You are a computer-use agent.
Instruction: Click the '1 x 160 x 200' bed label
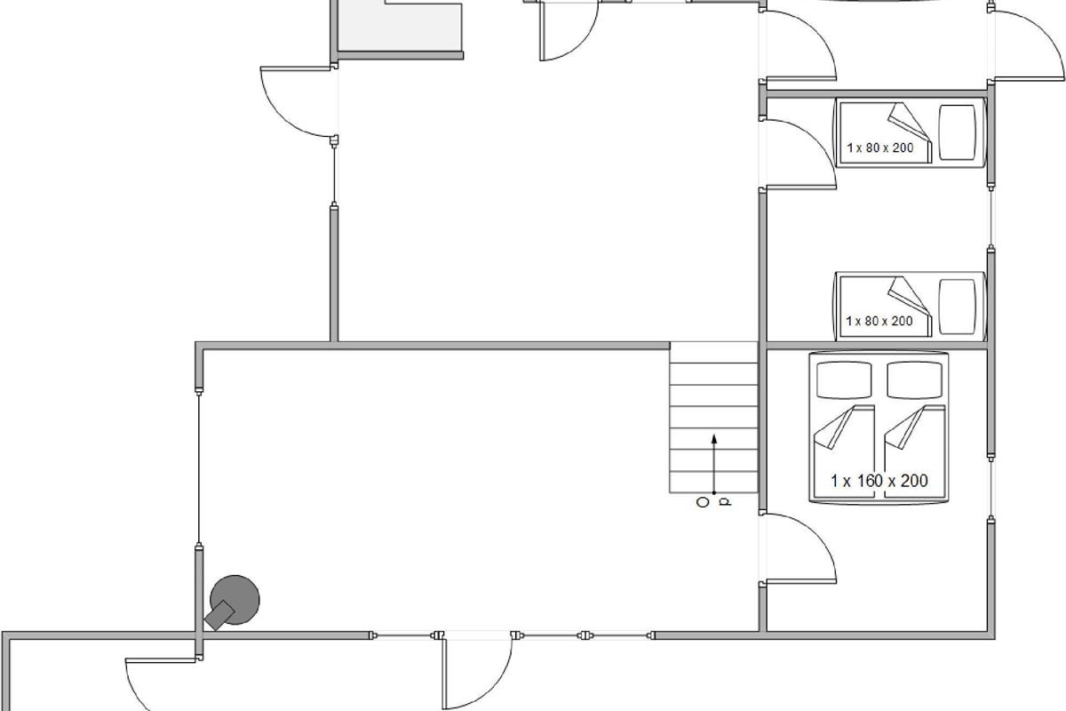coord(879,481)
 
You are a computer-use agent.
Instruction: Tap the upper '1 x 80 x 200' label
coord(880,148)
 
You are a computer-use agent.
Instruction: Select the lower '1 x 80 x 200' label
coord(879,321)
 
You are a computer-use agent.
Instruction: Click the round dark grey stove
coord(235,600)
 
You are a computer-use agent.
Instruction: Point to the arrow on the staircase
coord(714,464)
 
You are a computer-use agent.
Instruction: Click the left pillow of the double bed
coord(844,380)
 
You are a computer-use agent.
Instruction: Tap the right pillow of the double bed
coord(915,380)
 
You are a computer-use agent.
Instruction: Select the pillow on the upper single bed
coord(957,132)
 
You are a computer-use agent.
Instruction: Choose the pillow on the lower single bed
coord(957,307)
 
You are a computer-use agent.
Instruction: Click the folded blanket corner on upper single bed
coord(909,123)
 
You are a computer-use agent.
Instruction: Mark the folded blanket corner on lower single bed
coord(909,297)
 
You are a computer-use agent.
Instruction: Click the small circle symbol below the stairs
coord(703,502)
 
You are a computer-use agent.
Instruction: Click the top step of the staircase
coord(713,353)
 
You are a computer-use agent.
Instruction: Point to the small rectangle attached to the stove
coord(219,615)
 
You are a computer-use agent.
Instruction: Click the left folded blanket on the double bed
coord(834,427)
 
